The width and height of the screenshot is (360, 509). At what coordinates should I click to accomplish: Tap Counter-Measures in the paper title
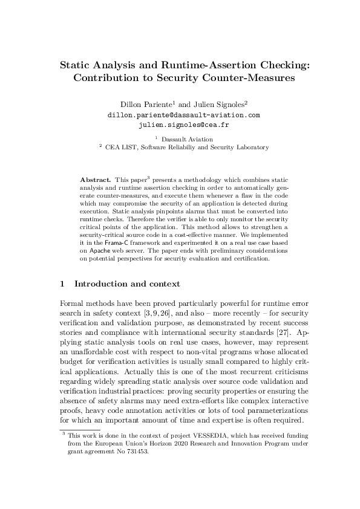243,77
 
